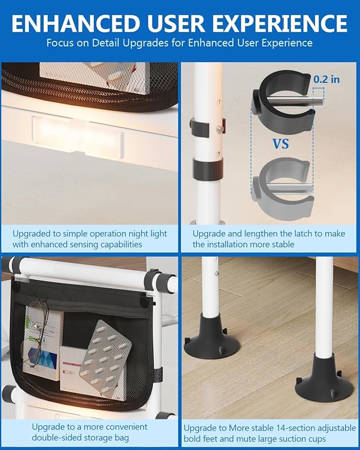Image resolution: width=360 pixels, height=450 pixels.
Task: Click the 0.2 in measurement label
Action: (327, 80)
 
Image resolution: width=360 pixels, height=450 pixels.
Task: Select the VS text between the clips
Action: (281, 143)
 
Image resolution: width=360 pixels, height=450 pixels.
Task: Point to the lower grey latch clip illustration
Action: (283, 186)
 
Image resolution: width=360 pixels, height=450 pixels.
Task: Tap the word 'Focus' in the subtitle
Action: (60, 43)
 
